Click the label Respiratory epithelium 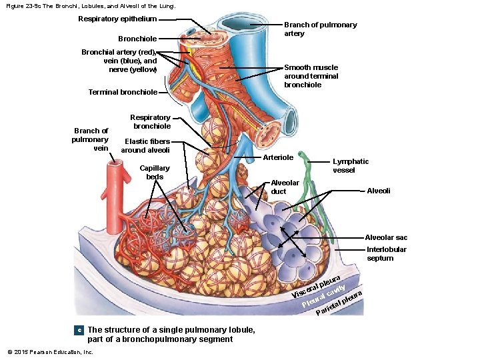(x=117, y=19)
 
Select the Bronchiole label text (x=137, y=39)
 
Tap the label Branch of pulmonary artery (x=320, y=29)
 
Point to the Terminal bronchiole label (x=123, y=92)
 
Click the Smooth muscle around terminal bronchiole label (x=311, y=76)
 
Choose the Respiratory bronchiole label (x=151, y=121)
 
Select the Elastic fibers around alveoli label (x=145, y=145)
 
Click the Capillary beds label (x=155, y=172)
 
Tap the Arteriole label (x=278, y=157)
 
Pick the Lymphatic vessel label (x=351, y=165)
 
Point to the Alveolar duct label (x=285, y=187)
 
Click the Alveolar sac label (x=386, y=237)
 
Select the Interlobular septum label (x=386, y=254)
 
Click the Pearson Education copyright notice (x=50, y=351)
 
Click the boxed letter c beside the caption (x=78, y=330)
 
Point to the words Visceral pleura (x=317, y=285)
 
